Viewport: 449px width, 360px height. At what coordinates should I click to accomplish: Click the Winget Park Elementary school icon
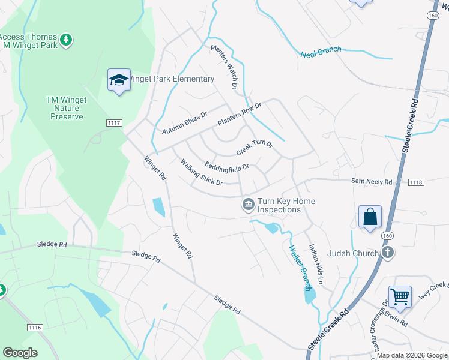(x=119, y=80)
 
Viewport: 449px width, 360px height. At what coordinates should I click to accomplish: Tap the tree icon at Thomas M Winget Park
(x=67, y=40)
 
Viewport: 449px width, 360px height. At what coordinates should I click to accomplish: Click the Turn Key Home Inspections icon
(x=247, y=205)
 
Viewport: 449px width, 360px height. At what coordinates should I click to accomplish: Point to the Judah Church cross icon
(x=388, y=253)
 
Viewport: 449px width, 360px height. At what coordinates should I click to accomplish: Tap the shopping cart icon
(x=400, y=296)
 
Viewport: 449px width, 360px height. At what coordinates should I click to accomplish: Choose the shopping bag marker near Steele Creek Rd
(x=370, y=217)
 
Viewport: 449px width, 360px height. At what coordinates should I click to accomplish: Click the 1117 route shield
(x=114, y=123)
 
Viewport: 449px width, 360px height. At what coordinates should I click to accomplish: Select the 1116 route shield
(x=35, y=327)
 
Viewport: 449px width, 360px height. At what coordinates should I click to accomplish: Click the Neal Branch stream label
(x=321, y=51)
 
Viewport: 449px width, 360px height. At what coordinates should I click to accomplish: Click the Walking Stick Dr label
(x=202, y=171)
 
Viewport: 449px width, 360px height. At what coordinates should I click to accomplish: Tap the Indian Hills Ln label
(x=317, y=263)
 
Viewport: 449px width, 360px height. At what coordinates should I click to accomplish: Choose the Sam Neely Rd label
(x=372, y=181)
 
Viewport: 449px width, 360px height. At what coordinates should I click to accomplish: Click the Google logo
(x=20, y=353)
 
